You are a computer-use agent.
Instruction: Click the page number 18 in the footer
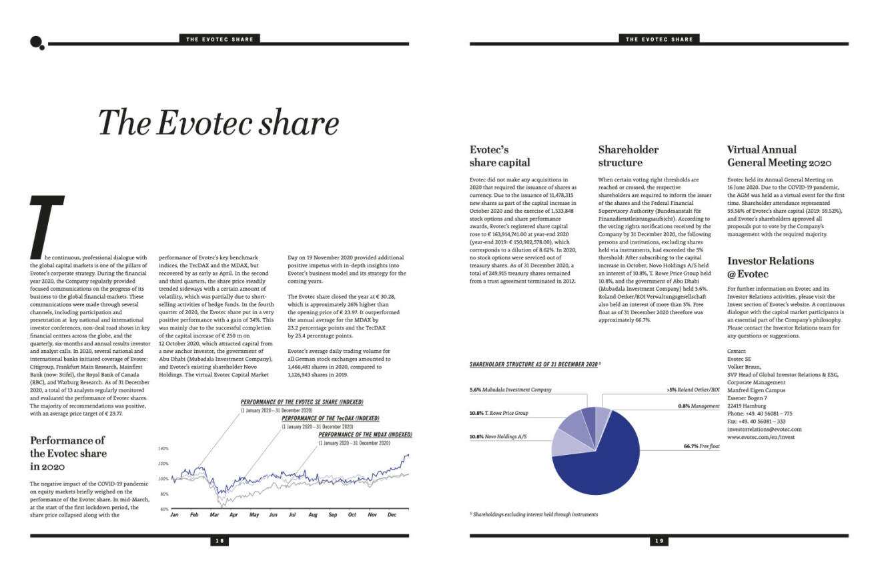click(220, 541)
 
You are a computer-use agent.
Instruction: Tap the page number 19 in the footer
click(659, 541)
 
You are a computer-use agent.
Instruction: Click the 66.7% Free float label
click(701, 446)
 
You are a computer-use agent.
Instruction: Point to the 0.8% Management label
click(699, 406)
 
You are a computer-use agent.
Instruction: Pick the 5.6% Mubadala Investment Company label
click(510, 390)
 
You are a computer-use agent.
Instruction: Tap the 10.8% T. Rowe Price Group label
click(499, 414)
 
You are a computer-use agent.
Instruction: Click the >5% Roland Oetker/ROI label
click(693, 390)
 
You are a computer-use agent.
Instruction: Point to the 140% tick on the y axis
click(164, 449)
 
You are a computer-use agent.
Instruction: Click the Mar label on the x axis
click(214, 515)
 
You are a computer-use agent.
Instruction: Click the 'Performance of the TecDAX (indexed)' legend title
click(330, 418)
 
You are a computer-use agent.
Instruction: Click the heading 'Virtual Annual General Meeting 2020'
click(779, 156)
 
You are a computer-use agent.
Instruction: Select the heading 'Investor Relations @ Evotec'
click(770, 267)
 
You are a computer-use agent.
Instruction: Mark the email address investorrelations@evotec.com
click(764, 429)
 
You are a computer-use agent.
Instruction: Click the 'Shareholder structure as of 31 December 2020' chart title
click(534, 365)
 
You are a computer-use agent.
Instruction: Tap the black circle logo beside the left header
click(36, 42)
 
